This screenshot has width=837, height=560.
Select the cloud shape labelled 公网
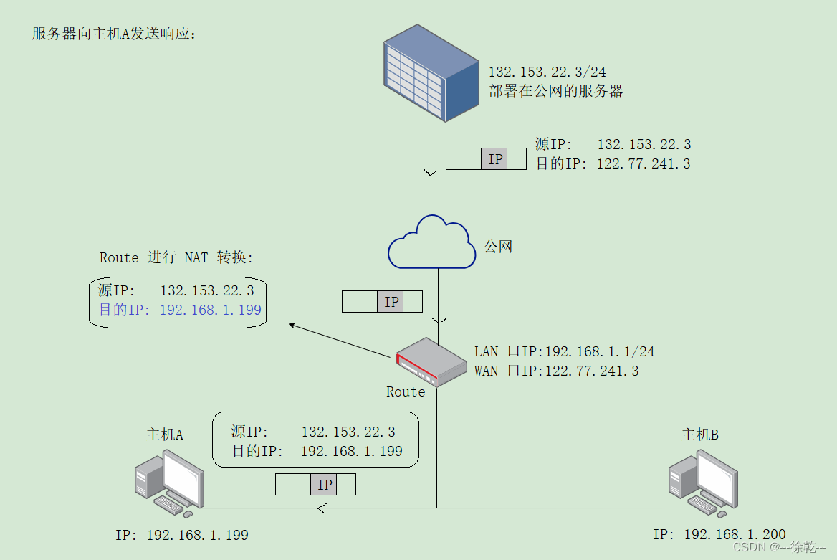tap(431, 242)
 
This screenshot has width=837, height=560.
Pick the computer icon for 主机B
tap(702, 483)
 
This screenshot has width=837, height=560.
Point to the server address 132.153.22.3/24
tap(547, 72)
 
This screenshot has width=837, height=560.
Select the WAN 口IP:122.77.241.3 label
tap(556, 371)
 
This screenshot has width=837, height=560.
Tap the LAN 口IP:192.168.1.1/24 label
tap(564, 351)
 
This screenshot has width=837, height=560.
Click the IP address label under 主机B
tap(719, 534)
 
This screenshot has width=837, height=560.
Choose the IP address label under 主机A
tap(181, 535)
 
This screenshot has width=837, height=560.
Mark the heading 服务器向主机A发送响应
tap(114, 34)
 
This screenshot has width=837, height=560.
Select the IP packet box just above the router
tap(382, 302)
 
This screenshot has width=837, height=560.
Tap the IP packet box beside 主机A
tap(315, 485)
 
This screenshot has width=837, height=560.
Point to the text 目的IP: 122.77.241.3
tap(613, 163)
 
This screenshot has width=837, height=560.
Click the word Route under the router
tap(406, 391)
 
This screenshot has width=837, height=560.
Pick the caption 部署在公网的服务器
tap(555, 91)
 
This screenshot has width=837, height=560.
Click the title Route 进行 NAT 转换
tap(176, 257)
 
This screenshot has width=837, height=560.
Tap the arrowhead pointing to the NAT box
tap(292, 326)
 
